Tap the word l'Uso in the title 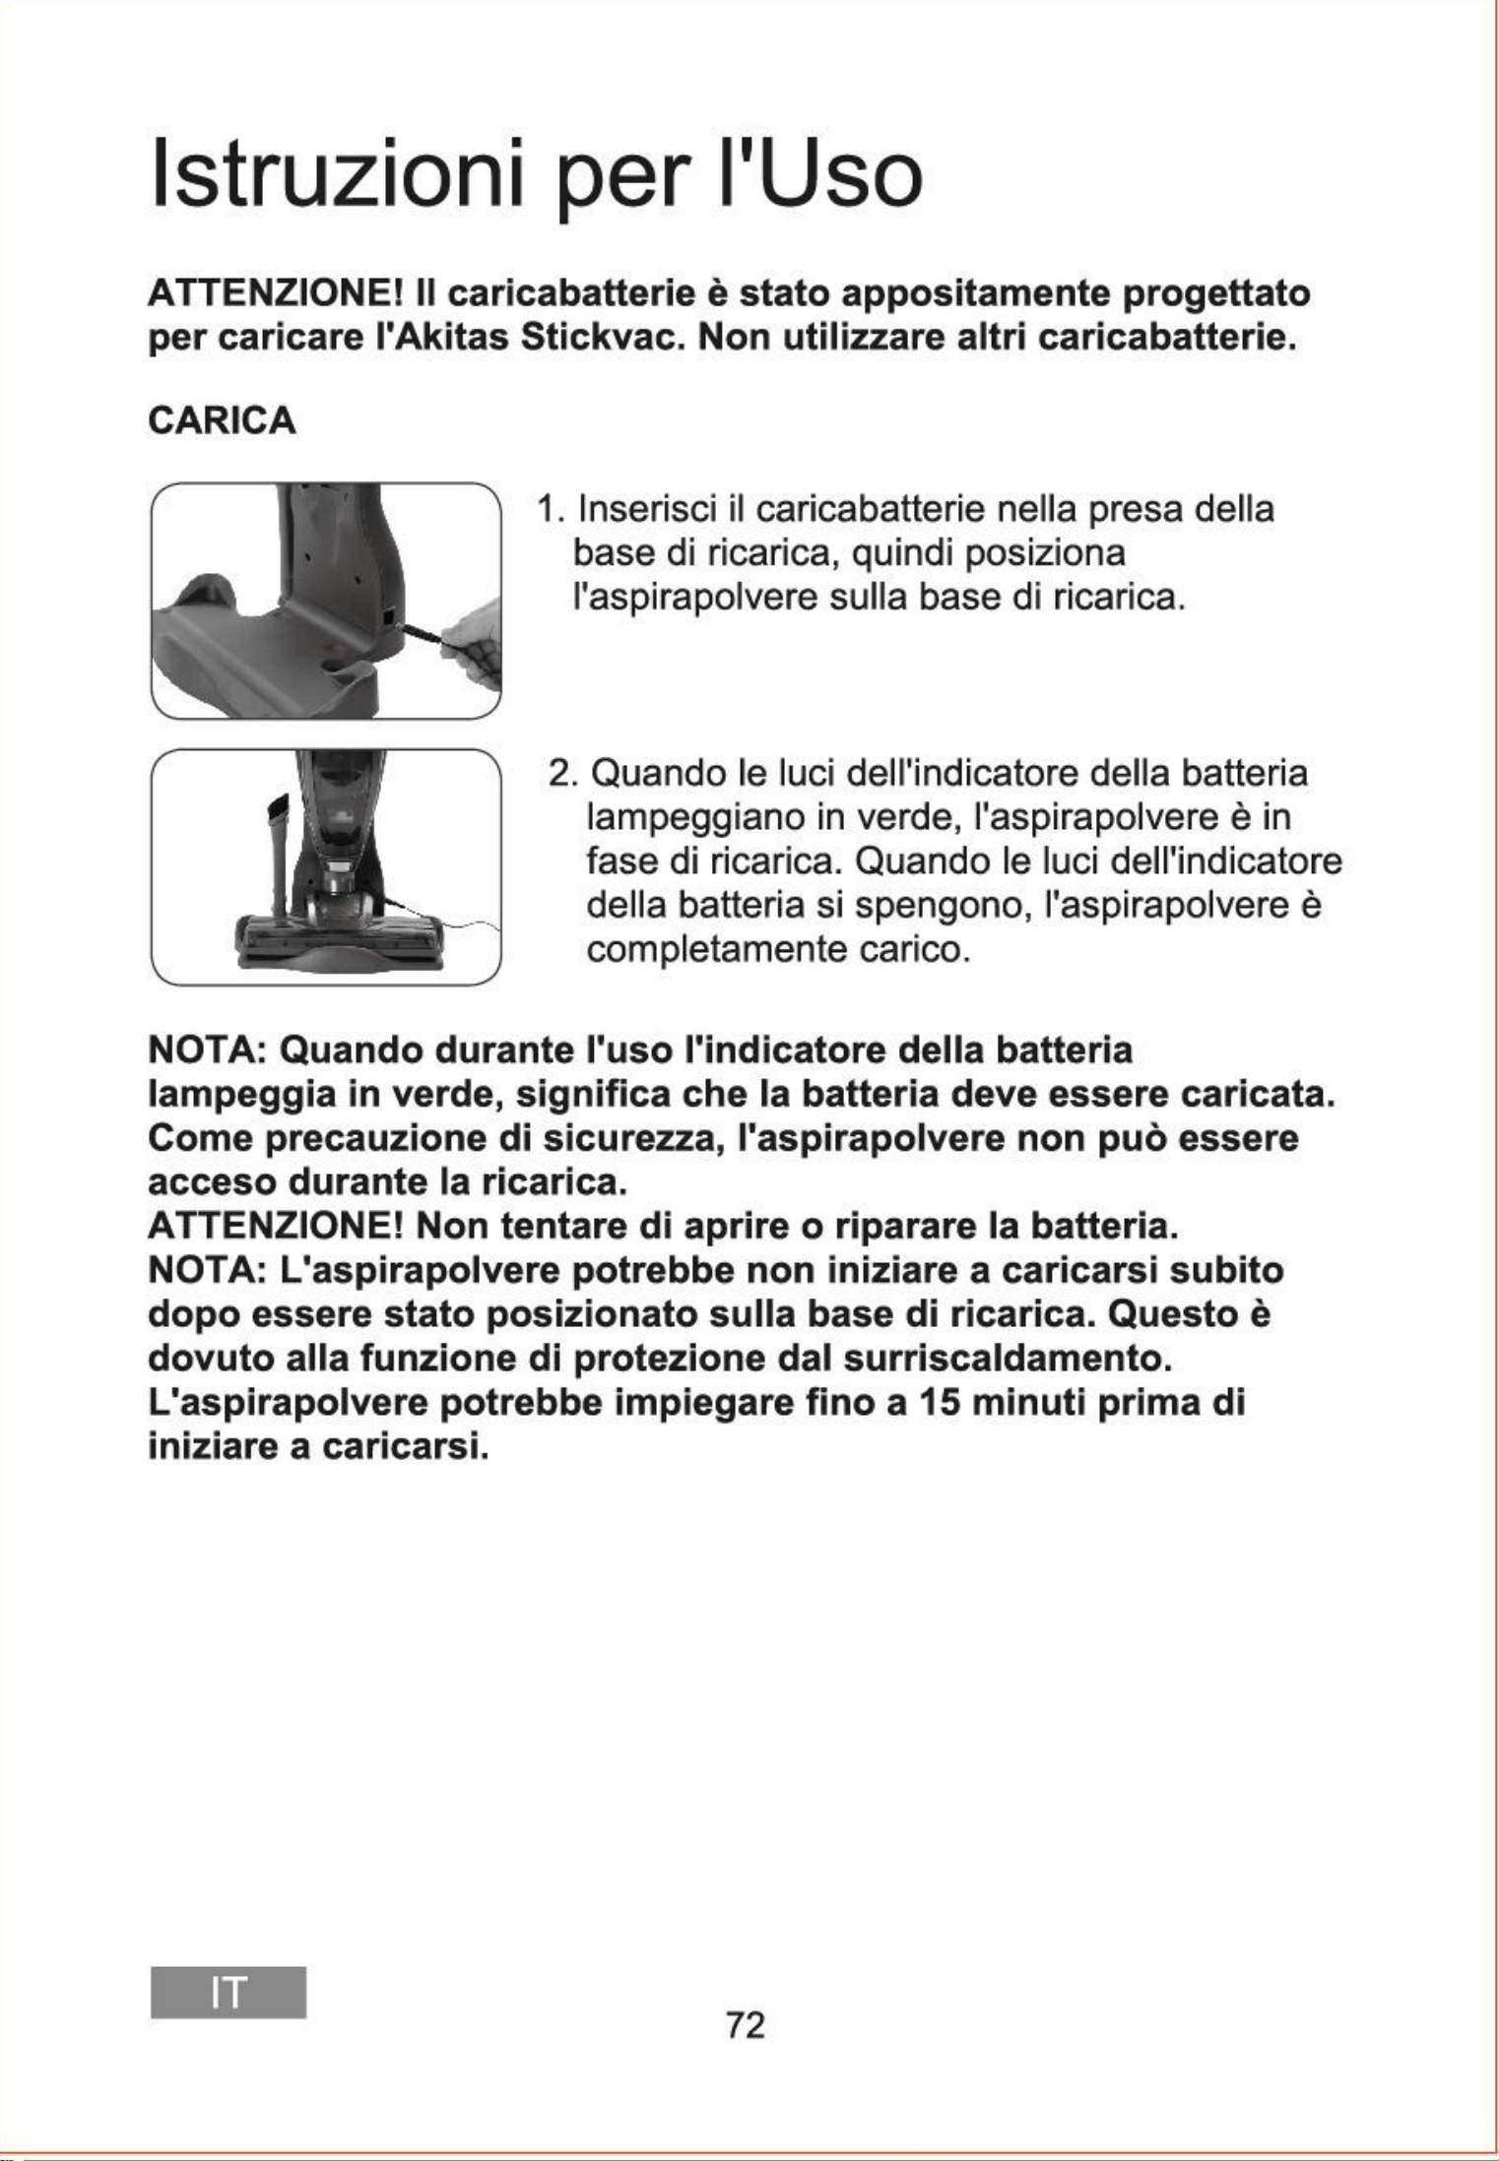(x=819, y=174)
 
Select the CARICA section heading (x=222, y=420)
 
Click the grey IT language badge (x=228, y=1993)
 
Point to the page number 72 (x=745, y=2025)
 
